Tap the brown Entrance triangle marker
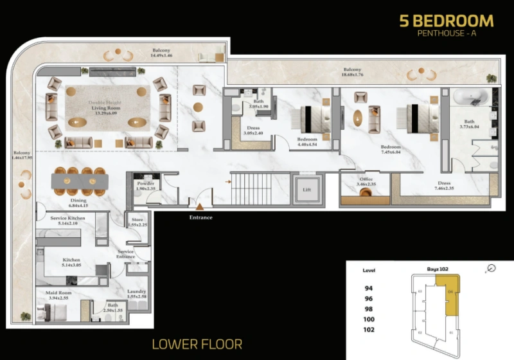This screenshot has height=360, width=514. click(200, 207)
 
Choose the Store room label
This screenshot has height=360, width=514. click(137, 222)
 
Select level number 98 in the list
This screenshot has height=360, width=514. click(369, 309)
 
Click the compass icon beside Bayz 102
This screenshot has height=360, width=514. click(492, 268)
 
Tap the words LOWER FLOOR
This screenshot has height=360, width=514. click(197, 345)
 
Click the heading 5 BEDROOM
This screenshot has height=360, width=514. click(447, 21)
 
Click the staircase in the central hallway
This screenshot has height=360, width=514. click(256, 189)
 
